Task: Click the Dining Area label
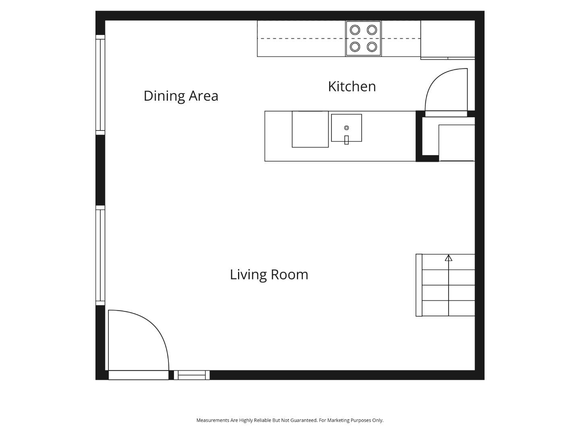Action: pos(181,96)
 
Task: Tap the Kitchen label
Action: pos(352,87)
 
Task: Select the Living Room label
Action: pos(269,274)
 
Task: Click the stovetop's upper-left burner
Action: pos(355,30)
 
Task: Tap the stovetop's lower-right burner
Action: pos(372,47)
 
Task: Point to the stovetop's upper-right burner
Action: pos(372,30)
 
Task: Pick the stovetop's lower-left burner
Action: pos(355,47)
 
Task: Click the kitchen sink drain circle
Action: pos(346,128)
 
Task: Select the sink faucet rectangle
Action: pos(346,140)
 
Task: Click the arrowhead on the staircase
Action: pos(448,258)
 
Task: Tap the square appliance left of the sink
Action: pos(310,129)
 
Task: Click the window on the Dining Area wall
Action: pos(100,85)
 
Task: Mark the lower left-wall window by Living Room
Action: pos(100,255)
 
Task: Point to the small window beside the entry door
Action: pos(192,375)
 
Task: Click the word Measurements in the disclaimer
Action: pos(213,420)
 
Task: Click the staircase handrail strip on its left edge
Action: pos(419,285)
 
